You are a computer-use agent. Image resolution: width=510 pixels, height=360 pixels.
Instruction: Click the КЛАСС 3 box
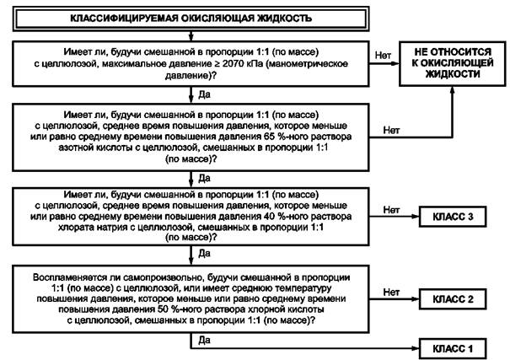(453, 217)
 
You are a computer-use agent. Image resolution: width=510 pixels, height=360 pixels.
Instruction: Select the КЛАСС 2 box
(453, 298)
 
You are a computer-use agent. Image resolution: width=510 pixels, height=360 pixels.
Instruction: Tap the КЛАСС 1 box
(453, 348)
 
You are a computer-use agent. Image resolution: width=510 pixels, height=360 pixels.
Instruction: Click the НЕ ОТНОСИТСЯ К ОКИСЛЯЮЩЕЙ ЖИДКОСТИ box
(453, 63)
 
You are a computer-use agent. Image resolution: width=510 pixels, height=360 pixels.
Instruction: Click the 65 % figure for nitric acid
(272, 137)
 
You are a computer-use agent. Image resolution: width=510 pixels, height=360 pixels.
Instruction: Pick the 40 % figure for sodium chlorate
(272, 217)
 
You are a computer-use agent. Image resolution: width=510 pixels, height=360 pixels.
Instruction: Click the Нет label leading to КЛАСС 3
(391, 210)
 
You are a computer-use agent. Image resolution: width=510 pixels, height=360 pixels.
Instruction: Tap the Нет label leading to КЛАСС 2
(391, 293)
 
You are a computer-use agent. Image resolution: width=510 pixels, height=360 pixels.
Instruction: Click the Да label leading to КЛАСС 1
(204, 340)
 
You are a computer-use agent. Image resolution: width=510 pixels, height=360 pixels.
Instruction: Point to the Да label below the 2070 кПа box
(204, 94)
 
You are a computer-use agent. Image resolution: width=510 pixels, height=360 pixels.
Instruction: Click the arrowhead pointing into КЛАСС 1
(416, 348)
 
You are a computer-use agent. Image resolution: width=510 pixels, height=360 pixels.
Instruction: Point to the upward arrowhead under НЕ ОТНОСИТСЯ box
(452, 90)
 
